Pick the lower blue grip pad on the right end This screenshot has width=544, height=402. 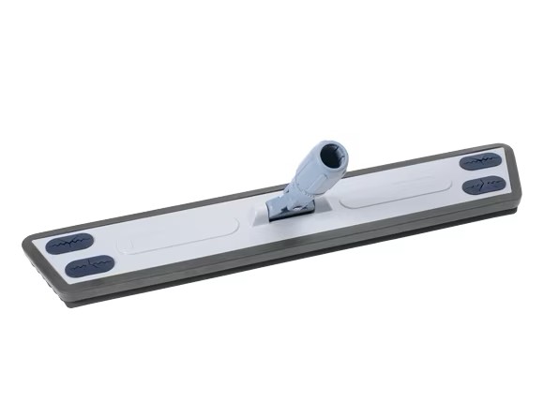tap(484, 185)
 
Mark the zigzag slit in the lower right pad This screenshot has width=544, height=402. tap(484, 185)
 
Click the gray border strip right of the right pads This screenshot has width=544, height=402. tap(511, 178)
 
